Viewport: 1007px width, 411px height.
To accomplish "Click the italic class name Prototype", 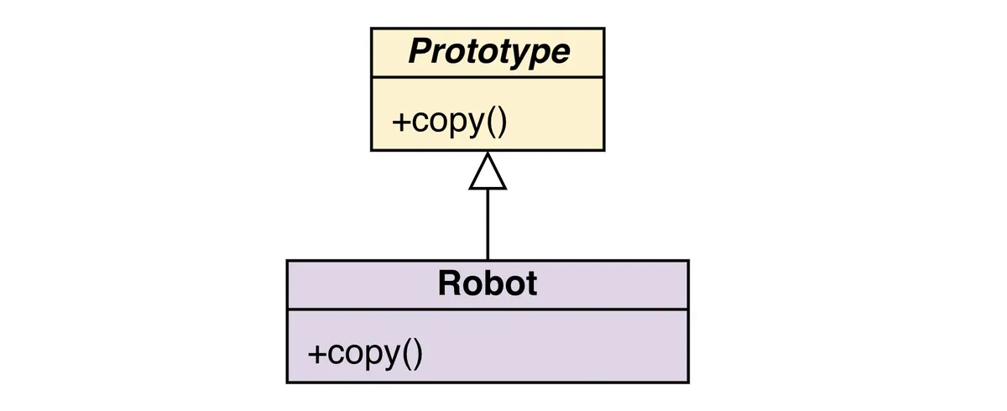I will tap(488, 52).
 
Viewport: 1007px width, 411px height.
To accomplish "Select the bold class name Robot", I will tap(487, 284).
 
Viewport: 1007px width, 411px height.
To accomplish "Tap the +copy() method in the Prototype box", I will tap(450, 121).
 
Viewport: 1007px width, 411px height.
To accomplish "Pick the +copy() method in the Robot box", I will tap(365, 353).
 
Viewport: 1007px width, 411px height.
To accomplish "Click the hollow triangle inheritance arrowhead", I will tap(488, 173).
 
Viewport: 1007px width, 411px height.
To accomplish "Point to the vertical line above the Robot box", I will tap(488, 225).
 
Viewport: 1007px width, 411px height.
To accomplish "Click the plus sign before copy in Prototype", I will tap(400, 122).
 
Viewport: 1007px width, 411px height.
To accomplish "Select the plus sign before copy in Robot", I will tap(316, 354).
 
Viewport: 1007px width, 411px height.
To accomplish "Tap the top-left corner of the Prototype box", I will tap(372, 28).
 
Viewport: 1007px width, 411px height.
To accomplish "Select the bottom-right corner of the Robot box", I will tap(688, 382).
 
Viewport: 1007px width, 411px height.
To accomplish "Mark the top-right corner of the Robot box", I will tap(688, 261).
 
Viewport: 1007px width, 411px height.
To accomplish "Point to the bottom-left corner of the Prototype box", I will tap(372, 150).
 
